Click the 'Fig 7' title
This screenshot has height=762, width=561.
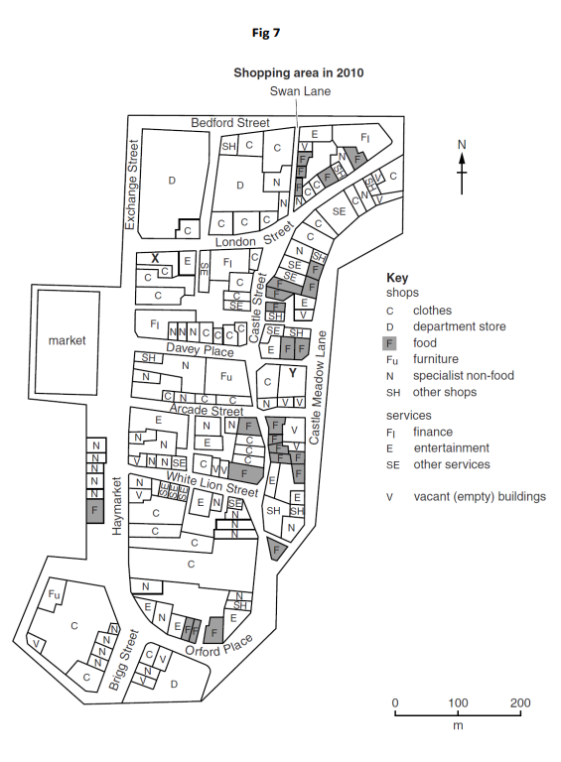coord(266,34)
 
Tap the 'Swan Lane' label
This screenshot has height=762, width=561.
coord(302,91)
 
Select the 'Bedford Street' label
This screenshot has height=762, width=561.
coord(229,122)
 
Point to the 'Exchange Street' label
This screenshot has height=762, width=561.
coord(129,185)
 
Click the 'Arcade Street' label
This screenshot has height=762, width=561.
coord(206,409)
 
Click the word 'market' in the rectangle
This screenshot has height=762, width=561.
coord(68,340)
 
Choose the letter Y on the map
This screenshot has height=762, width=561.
coord(293,373)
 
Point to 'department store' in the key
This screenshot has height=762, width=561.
coord(459,326)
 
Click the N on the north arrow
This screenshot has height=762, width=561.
coord(461,145)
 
